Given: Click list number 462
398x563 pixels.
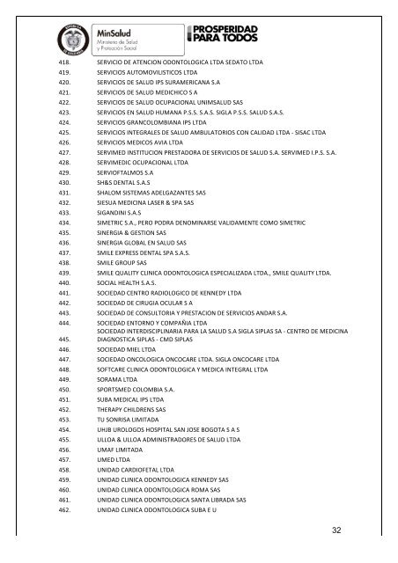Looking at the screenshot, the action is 63,508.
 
